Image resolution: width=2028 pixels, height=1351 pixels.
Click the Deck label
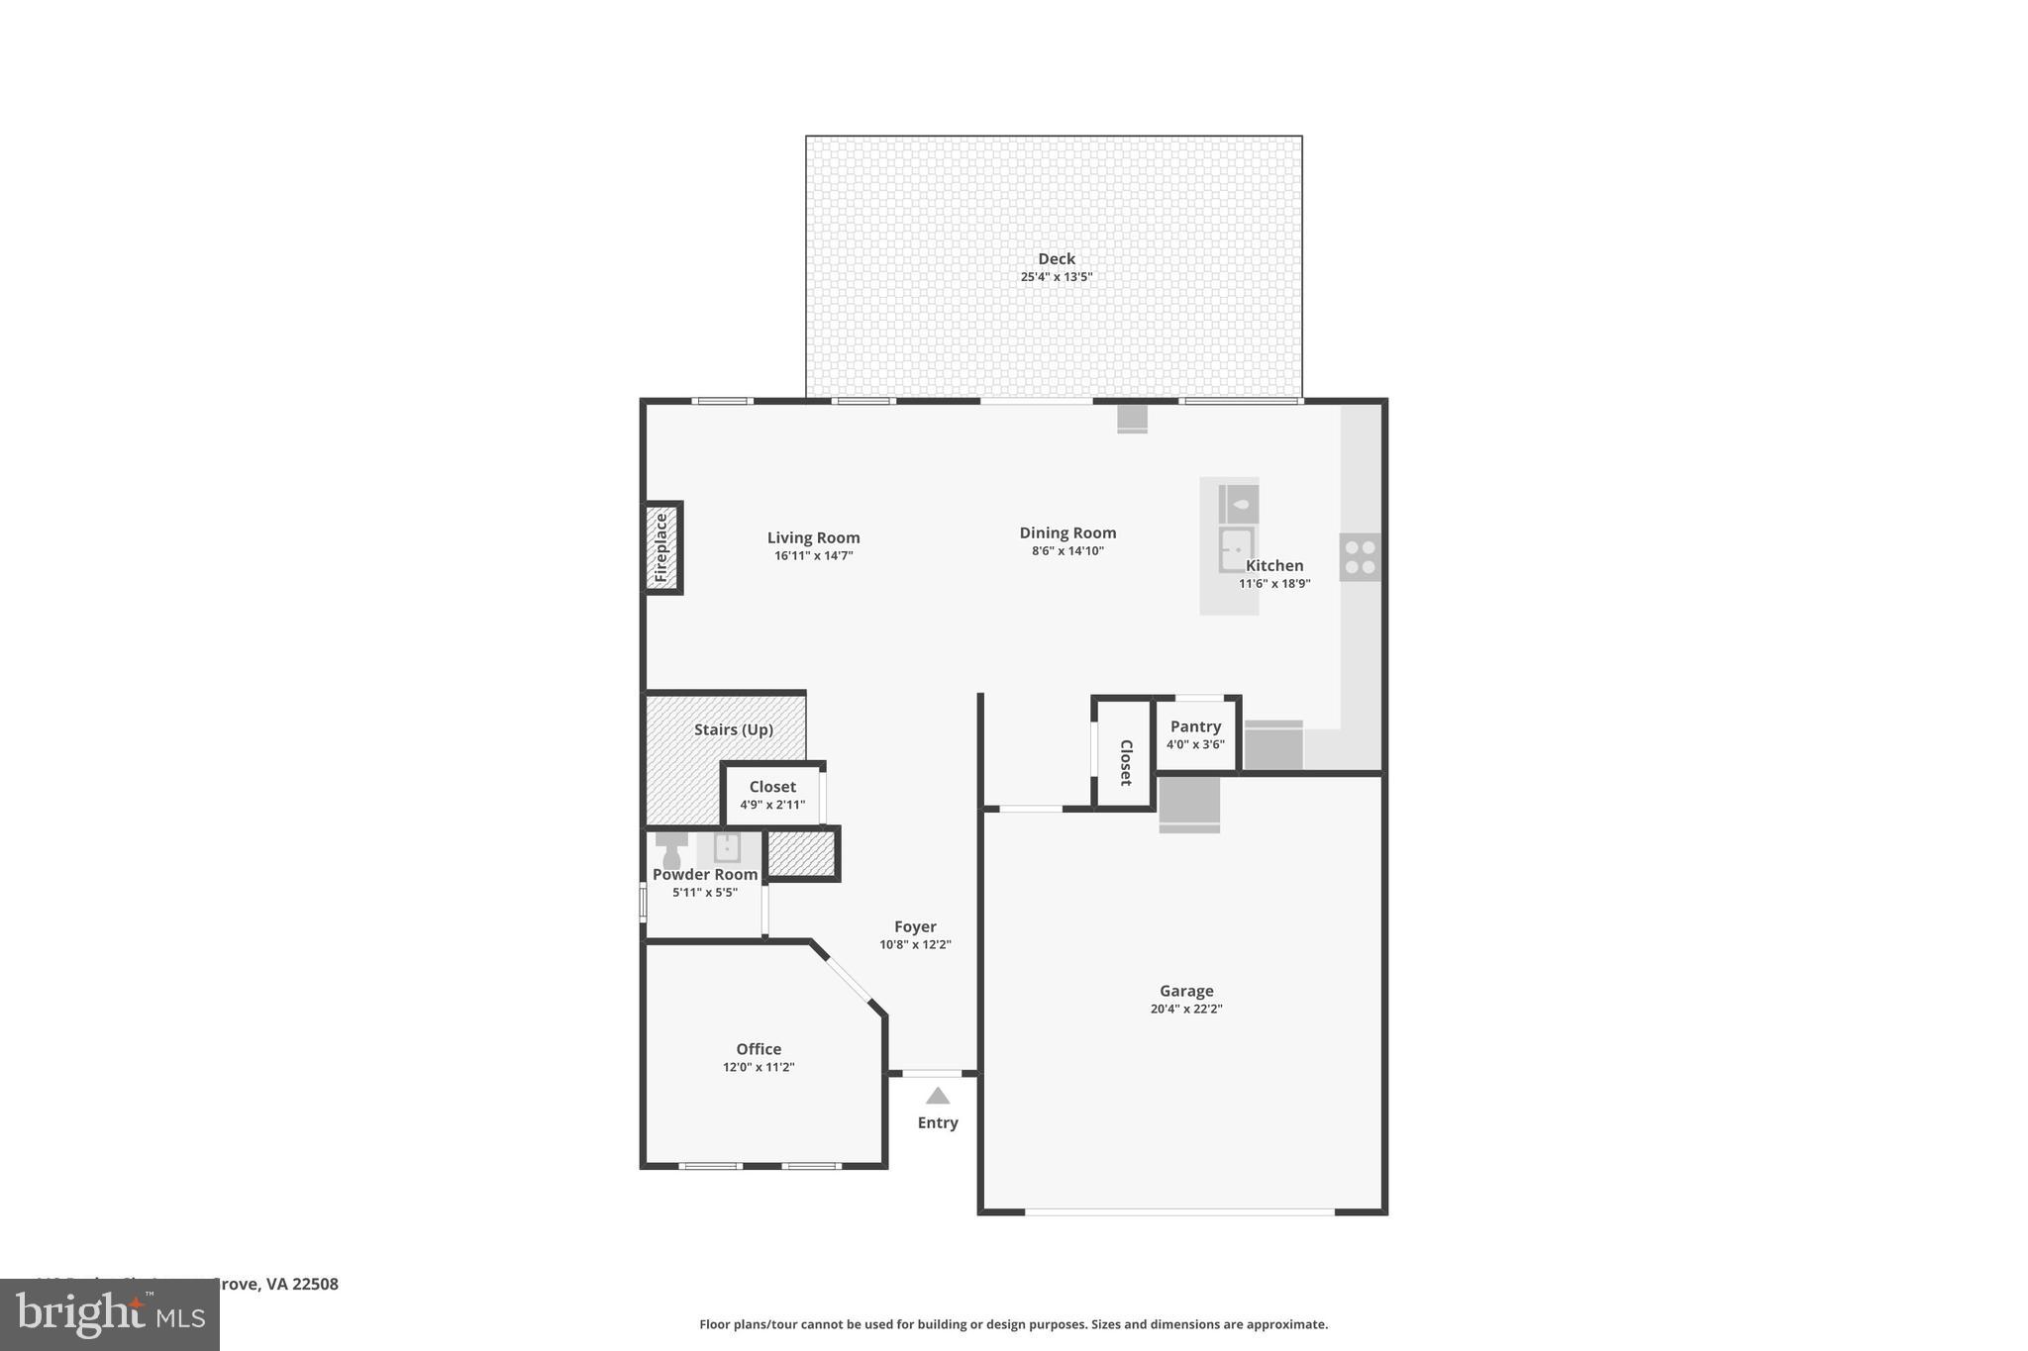(1056, 259)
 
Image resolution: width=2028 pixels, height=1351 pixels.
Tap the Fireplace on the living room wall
(661, 547)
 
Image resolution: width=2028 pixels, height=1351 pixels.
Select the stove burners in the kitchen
(1360, 556)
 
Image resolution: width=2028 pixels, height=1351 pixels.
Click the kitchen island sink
(1236, 549)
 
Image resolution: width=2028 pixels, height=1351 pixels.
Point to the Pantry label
(1195, 726)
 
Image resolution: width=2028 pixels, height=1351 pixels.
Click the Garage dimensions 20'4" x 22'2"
(1185, 1009)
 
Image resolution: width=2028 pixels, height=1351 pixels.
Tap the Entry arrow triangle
(938, 1097)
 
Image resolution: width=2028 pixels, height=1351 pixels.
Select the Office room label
(759, 1049)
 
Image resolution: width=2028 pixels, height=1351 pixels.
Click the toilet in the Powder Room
(671, 848)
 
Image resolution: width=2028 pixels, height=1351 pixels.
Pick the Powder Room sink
(727, 848)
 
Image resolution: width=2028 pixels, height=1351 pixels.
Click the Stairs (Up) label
(733, 729)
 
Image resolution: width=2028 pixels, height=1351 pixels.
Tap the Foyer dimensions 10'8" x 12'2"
(915, 944)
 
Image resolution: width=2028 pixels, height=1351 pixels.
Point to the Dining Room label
(1067, 532)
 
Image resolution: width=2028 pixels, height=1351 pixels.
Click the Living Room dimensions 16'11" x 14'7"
(813, 556)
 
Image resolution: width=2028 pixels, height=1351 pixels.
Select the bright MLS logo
(109, 1314)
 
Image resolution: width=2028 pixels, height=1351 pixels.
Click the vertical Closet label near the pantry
(1125, 762)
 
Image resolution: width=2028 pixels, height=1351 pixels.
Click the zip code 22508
(315, 1284)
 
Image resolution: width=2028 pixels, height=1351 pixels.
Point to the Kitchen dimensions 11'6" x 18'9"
(1273, 584)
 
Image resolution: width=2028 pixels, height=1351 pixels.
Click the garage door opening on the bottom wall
(1178, 1211)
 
